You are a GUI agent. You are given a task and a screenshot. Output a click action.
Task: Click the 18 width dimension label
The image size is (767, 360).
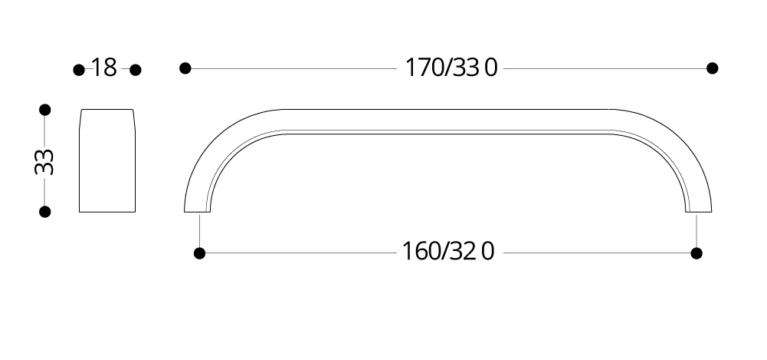tap(104, 68)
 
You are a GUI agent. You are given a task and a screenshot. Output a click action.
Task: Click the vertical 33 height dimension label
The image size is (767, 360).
tap(44, 161)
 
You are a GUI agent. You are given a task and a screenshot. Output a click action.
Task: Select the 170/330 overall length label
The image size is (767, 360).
tap(451, 68)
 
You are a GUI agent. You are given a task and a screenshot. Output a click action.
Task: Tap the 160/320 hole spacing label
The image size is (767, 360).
tap(447, 251)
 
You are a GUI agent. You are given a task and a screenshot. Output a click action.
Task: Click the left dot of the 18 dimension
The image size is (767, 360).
tap(79, 70)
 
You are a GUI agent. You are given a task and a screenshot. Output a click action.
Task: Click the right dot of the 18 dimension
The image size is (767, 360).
tap(136, 70)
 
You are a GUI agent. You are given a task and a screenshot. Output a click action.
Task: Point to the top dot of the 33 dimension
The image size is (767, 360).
tap(45, 110)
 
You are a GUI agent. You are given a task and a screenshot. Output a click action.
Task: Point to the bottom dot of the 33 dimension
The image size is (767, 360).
tap(45, 212)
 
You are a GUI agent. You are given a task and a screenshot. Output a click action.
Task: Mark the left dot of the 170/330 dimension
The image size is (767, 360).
tap(185, 68)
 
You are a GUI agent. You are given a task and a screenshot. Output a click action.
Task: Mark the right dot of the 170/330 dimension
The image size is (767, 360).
tap(713, 68)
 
